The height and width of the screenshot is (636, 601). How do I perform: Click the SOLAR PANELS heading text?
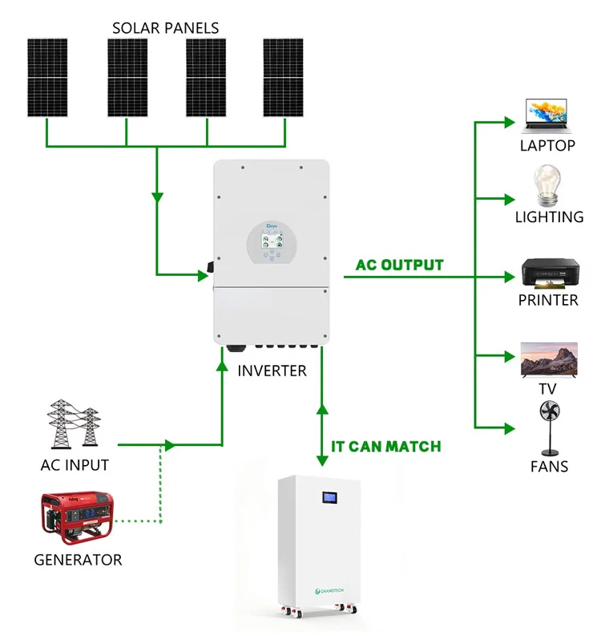165,28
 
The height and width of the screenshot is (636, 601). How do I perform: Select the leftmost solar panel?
48,77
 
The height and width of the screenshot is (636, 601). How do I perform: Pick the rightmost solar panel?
284,77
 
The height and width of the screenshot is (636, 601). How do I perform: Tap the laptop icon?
547,117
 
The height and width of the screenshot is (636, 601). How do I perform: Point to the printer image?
548,273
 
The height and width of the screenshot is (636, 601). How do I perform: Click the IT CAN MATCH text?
386,446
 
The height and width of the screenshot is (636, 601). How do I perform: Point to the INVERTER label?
272,371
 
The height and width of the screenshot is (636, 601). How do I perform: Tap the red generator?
77,516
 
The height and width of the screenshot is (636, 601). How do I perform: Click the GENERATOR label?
78,560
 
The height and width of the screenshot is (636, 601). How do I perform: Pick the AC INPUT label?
75,465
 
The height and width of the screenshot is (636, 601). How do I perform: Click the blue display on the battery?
329,498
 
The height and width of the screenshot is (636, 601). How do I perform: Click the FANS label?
549,466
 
